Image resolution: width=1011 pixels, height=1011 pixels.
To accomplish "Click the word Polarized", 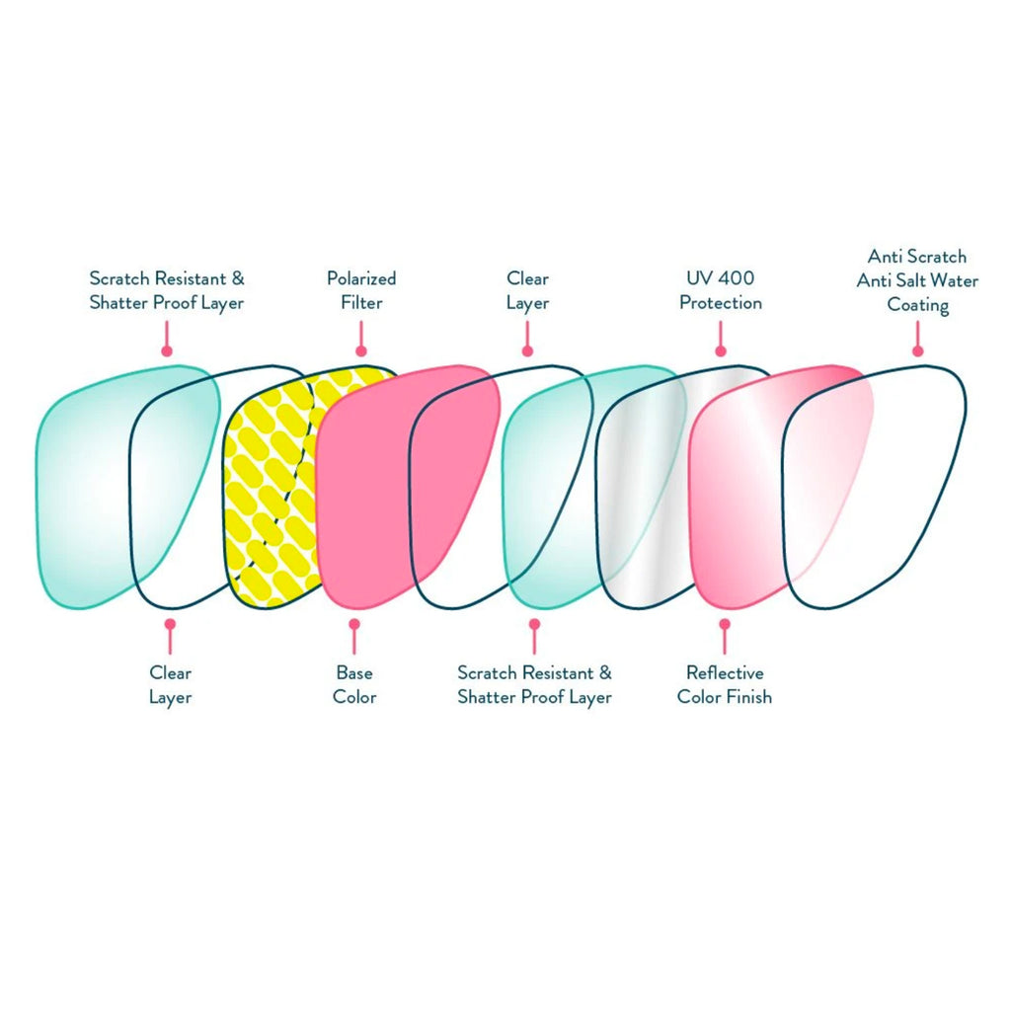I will coord(361,278).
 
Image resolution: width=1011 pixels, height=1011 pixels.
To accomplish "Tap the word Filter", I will coord(361,302).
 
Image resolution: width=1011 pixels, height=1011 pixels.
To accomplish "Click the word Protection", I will coord(721,302).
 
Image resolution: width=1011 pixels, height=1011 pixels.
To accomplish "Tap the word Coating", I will coord(918,304).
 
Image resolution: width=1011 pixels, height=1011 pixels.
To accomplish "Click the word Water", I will coord(957,280).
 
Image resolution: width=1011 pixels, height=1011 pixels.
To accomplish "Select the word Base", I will coord(354,673).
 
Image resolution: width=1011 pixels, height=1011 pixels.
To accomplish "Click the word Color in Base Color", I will coord(354,697).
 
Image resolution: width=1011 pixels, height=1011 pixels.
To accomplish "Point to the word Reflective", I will coord(725,673).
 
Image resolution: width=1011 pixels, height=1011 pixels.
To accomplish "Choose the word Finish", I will coord(749,697).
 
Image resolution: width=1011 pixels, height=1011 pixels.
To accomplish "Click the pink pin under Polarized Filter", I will coord(361,350).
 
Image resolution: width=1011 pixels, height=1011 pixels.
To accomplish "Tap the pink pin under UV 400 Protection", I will coord(721,350).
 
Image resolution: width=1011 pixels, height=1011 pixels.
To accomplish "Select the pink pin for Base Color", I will coord(354,624).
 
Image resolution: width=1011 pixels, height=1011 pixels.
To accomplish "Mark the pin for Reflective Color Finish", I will coord(725,624).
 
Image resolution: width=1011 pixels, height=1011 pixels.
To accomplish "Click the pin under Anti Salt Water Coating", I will coord(918,350).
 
